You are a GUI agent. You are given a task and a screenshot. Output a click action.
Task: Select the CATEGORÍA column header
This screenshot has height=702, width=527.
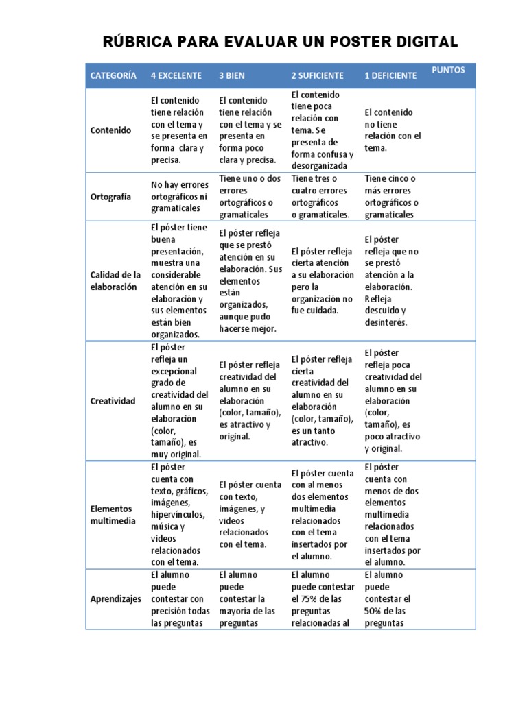[113, 75]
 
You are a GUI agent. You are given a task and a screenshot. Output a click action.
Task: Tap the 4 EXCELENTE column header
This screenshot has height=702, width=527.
[176, 75]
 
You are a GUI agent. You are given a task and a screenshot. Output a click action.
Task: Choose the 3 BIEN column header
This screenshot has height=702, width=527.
[232, 75]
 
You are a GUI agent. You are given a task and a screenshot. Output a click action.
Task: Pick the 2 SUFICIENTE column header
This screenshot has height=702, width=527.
[318, 75]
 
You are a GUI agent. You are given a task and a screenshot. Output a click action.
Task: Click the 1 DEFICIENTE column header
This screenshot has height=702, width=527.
[390, 75]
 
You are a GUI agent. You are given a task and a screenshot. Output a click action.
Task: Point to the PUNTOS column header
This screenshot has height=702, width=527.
[449, 70]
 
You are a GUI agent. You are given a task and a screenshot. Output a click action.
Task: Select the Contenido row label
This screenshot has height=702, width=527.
[110, 130]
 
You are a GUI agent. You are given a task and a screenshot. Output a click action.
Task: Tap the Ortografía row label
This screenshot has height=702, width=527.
[110, 196]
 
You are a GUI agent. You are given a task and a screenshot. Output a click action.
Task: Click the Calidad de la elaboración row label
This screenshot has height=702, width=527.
[115, 281]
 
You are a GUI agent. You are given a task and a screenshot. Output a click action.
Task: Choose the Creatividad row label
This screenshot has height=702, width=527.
[113, 401]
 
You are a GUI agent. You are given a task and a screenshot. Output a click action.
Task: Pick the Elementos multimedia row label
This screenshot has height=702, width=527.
[113, 515]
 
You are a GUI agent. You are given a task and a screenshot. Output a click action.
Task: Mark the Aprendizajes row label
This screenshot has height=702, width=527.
[116, 598]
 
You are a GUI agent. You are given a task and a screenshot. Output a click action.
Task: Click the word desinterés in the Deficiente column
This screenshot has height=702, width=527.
[386, 322]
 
